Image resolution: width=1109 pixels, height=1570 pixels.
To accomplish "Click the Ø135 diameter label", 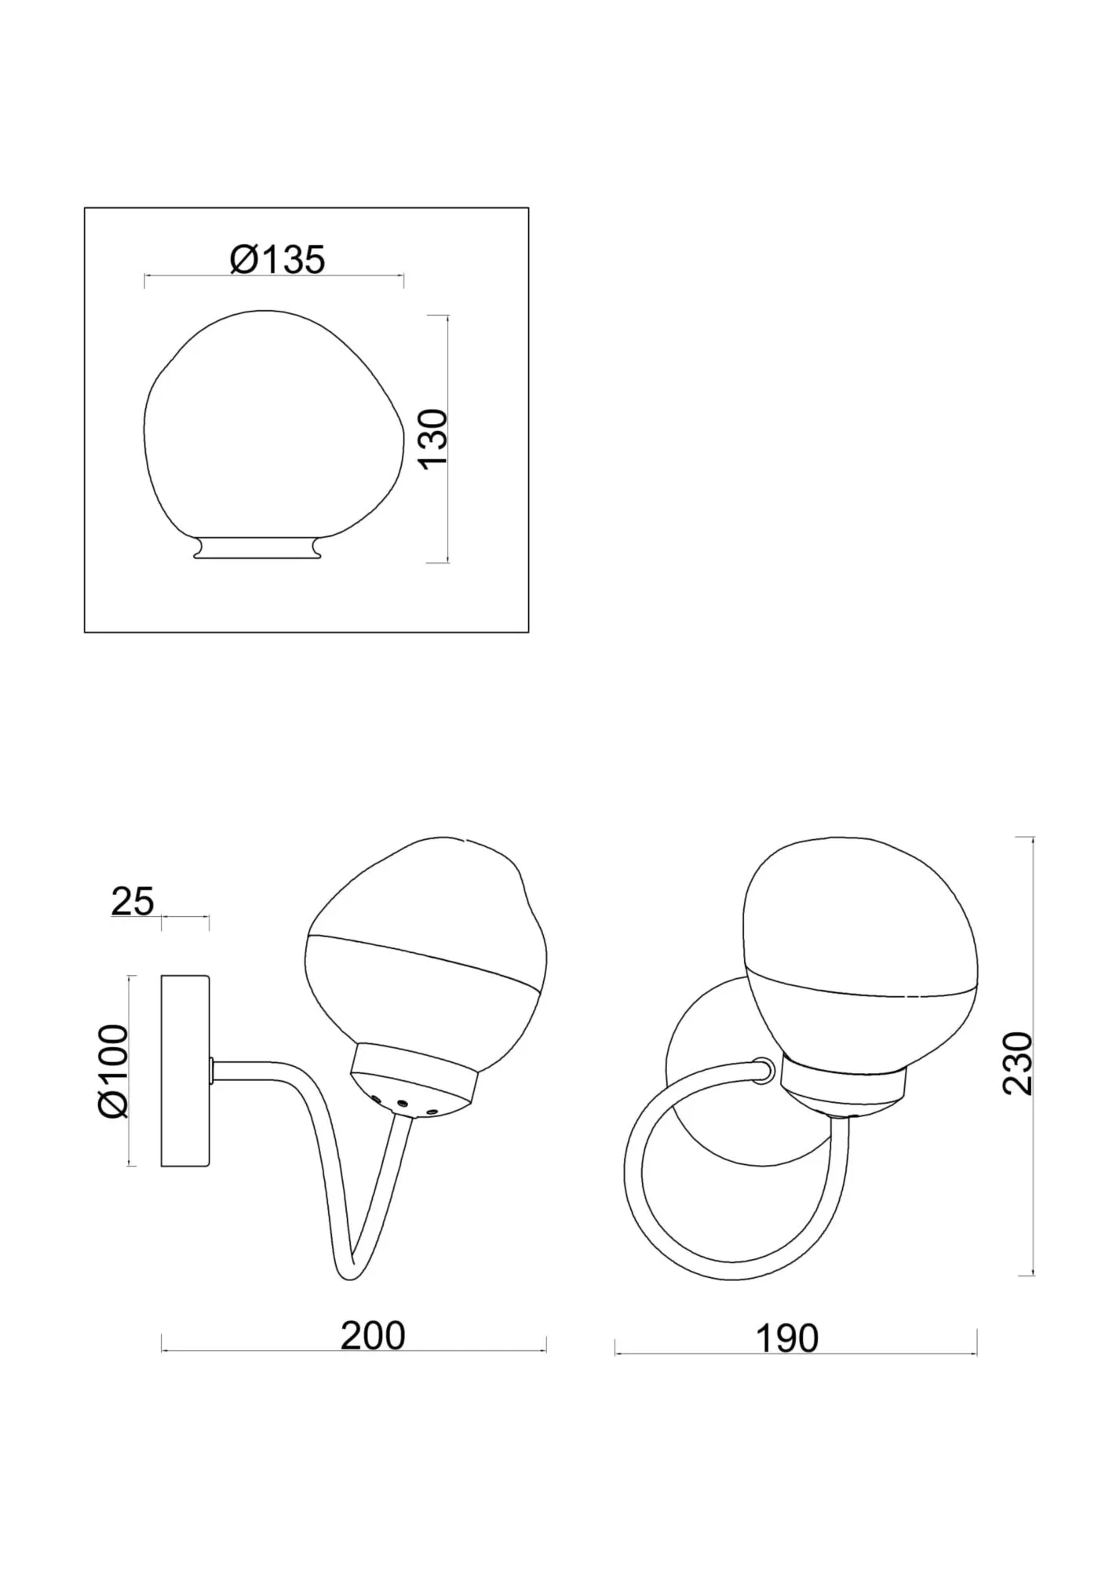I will point(277,260).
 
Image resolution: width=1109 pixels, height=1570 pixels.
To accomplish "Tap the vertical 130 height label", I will point(433,438).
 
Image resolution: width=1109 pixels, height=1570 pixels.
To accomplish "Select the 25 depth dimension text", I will point(132,901).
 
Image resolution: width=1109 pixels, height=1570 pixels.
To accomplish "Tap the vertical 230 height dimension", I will point(1018,1063).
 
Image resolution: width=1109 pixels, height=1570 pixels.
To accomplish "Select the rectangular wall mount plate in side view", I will point(184,1071).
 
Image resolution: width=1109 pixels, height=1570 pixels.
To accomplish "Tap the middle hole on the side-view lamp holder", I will point(402,1103).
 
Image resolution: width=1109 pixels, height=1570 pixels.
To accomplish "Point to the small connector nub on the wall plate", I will point(212,1070).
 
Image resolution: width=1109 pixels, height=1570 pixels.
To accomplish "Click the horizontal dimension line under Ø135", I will point(275,276).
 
